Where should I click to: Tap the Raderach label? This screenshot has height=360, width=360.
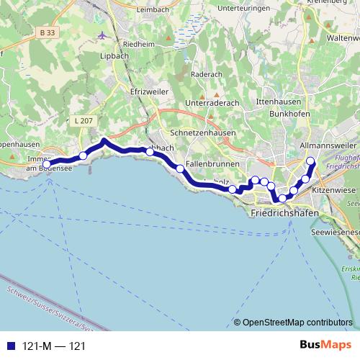(209, 73)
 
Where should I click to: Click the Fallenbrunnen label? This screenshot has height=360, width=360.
(207, 163)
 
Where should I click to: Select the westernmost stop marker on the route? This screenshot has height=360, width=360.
(47, 165)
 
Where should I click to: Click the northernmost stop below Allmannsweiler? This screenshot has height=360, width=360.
(310, 161)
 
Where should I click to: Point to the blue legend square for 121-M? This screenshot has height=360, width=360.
(9, 346)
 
